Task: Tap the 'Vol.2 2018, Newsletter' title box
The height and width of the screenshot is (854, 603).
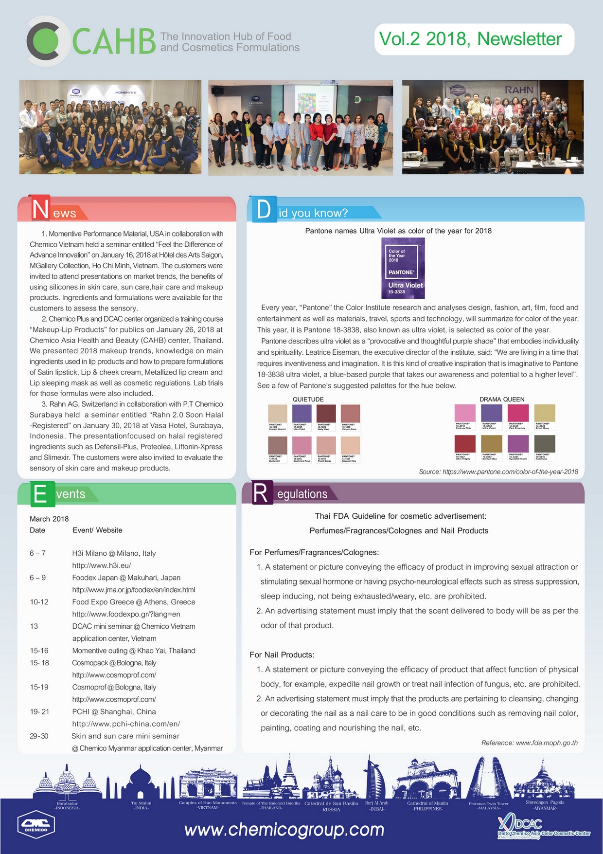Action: pyautogui.click(x=474, y=39)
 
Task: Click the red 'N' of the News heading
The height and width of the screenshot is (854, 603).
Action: pyautogui.click(x=40, y=208)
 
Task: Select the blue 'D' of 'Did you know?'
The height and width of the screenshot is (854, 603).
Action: pyautogui.click(x=263, y=209)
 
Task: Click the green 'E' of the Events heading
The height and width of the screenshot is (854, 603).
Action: pyautogui.click(x=40, y=494)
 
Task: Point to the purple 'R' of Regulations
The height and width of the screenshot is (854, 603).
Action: pyautogui.click(x=260, y=493)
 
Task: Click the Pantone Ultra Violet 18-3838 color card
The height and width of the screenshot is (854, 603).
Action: pyautogui.click(x=403, y=268)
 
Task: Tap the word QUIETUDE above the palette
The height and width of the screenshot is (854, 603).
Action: pyautogui.click(x=308, y=400)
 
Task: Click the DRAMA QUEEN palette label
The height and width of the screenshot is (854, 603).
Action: pyautogui.click(x=502, y=400)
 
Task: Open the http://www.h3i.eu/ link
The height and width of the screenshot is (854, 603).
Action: pyautogui.click(x=102, y=565)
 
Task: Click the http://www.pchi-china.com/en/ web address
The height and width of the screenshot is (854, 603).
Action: pyautogui.click(x=126, y=724)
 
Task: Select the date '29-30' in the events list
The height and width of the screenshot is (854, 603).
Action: pyautogui.click(x=39, y=736)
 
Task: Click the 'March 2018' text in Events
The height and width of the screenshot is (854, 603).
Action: pyautogui.click(x=49, y=519)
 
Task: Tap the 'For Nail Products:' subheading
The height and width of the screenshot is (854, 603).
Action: pyautogui.click(x=282, y=654)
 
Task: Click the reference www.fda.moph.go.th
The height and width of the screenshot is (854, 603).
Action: pyautogui.click(x=529, y=743)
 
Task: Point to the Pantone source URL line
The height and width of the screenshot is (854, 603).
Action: pyautogui.click(x=498, y=472)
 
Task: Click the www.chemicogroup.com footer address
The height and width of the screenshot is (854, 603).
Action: pyautogui.click(x=284, y=829)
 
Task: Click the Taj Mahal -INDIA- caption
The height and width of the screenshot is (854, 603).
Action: pyautogui.click(x=141, y=805)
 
